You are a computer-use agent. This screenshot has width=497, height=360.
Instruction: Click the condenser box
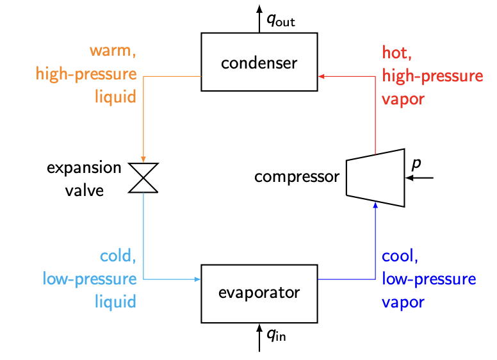259,63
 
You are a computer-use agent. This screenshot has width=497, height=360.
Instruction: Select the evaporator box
259,293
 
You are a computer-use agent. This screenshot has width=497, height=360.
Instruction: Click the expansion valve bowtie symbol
143,177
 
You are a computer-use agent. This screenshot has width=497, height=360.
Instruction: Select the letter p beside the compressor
416,164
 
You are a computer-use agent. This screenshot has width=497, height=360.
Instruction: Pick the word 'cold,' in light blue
118,256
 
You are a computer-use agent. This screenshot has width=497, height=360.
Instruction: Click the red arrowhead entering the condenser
322,76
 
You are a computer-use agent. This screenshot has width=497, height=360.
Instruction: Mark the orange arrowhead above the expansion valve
143,159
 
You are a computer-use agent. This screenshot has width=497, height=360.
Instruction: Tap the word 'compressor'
296,177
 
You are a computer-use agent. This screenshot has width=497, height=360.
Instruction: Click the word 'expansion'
84,168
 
